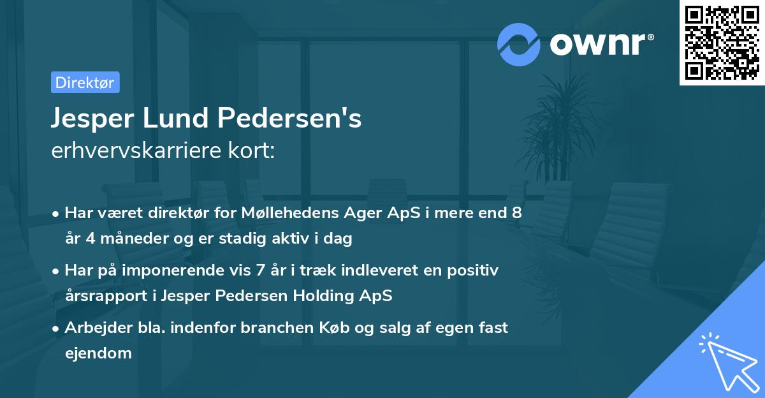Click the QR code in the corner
(x=722, y=43)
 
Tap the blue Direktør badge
(x=85, y=82)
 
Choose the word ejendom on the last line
(x=98, y=353)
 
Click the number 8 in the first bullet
(x=516, y=213)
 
